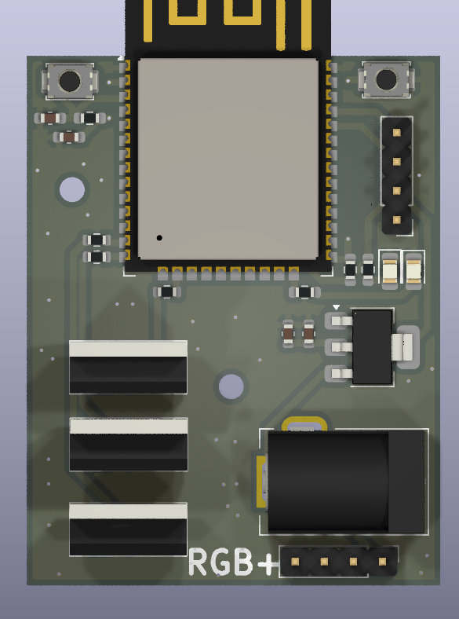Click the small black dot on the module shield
(159, 237)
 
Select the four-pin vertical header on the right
(397, 174)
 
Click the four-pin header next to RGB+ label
(338, 562)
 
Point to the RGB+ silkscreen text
(234, 562)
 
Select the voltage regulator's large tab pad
(406, 346)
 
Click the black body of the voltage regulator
(372, 346)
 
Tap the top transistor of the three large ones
(128, 367)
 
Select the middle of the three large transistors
(128, 444)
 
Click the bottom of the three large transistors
(128, 529)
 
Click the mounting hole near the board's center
(231, 386)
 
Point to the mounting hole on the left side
(72, 189)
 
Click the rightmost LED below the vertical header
(413, 269)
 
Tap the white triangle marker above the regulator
(337, 307)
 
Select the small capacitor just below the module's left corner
(166, 291)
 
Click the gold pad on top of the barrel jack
(304, 424)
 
